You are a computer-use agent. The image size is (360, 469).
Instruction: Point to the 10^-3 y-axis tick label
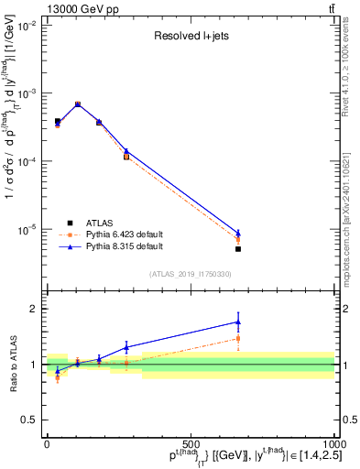click(27, 94)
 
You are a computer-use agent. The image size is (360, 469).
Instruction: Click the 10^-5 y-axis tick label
click(27, 229)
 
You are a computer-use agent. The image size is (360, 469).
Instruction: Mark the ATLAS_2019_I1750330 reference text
click(190, 274)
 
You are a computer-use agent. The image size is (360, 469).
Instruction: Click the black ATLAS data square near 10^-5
click(238, 249)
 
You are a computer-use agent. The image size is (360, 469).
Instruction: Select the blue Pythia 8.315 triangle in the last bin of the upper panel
click(238, 233)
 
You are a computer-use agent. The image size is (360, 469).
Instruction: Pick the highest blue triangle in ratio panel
click(238, 322)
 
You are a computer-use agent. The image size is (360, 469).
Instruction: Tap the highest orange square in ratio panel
click(238, 338)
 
